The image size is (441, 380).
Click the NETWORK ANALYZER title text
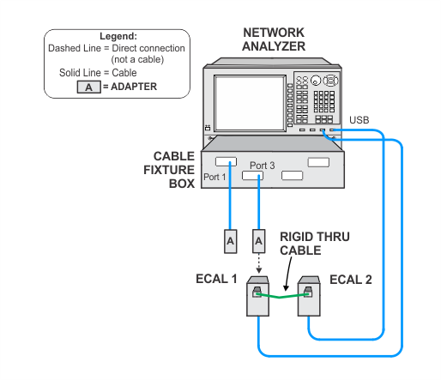click(x=274, y=39)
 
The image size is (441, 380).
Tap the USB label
click(x=359, y=120)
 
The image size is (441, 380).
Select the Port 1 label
click(x=214, y=177)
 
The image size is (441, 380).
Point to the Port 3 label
click(x=263, y=166)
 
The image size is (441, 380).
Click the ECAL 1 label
click(x=216, y=279)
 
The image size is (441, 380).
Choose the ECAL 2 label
click(x=351, y=280)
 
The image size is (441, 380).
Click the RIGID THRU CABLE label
click(x=315, y=244)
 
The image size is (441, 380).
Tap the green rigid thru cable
click(x=282, y=296)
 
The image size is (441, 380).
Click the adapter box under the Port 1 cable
click(x=230, y=241)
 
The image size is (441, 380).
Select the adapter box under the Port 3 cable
click(x=258, y=241)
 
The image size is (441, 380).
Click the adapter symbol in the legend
click(x=89, y=87)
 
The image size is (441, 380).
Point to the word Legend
click(x=118, y=36)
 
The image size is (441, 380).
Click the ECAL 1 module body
click(x=257, y=296)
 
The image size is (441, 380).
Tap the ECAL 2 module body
click(x=309, y=296)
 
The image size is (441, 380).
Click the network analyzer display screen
click(x=251, y=103)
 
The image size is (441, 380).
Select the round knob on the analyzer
click(x=316, y=81)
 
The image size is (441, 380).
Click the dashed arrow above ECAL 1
click(x=258, y=263)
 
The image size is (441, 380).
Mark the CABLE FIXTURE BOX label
click(x=169, y=170)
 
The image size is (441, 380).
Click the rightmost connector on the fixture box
click(x=318, y=162)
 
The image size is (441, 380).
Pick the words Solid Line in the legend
click(x=80, y=73)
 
